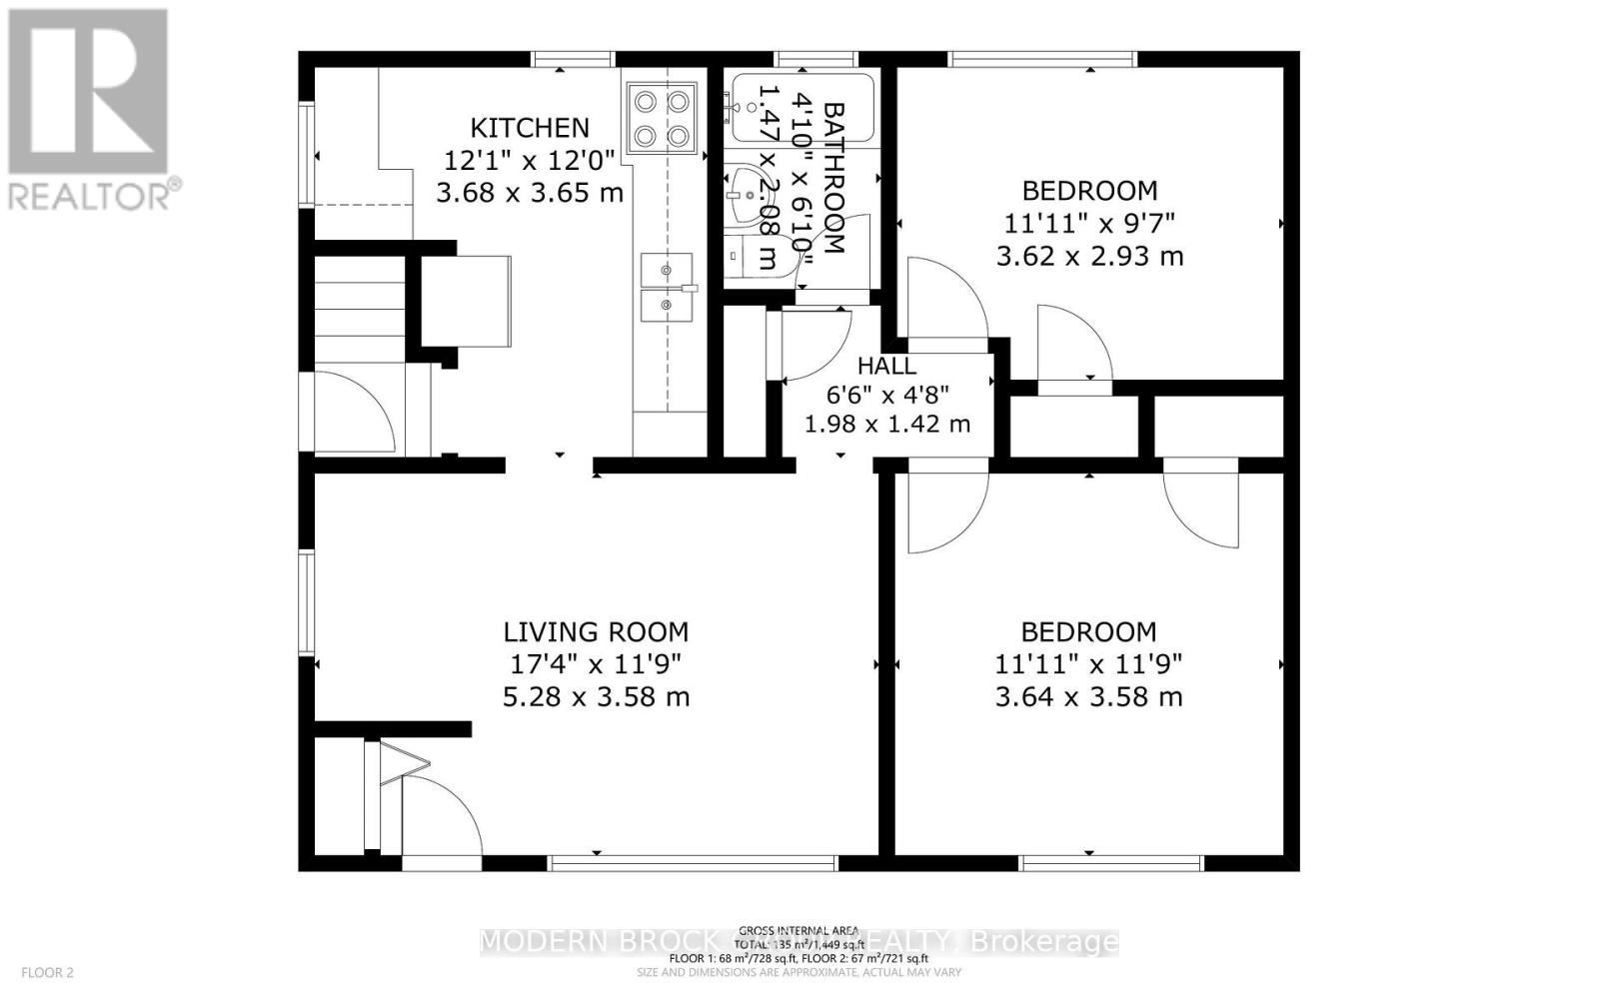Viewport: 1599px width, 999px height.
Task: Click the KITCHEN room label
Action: [x=530, y=128]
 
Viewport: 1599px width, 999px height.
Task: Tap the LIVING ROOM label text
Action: [x=596, y=632]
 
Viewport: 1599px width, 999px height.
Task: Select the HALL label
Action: [x=886, y=367]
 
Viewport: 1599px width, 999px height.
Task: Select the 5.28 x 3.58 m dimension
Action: [x=596, y=697]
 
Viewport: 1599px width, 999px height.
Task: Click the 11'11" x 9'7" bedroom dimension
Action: [x=1089, y=223]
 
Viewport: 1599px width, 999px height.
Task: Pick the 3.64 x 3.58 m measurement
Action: [x=1088, y=697]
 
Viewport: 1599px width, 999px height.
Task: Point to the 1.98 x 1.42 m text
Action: [x=887, y=424]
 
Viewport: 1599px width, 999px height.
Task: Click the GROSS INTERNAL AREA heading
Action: [x=799, y=930]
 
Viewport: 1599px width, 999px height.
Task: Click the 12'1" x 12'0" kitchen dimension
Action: [x=530, y=160]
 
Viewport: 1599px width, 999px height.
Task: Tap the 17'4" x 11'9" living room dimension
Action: [x=596, y=664]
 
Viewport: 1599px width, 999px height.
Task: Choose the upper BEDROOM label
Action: [x=1089, y=190]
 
